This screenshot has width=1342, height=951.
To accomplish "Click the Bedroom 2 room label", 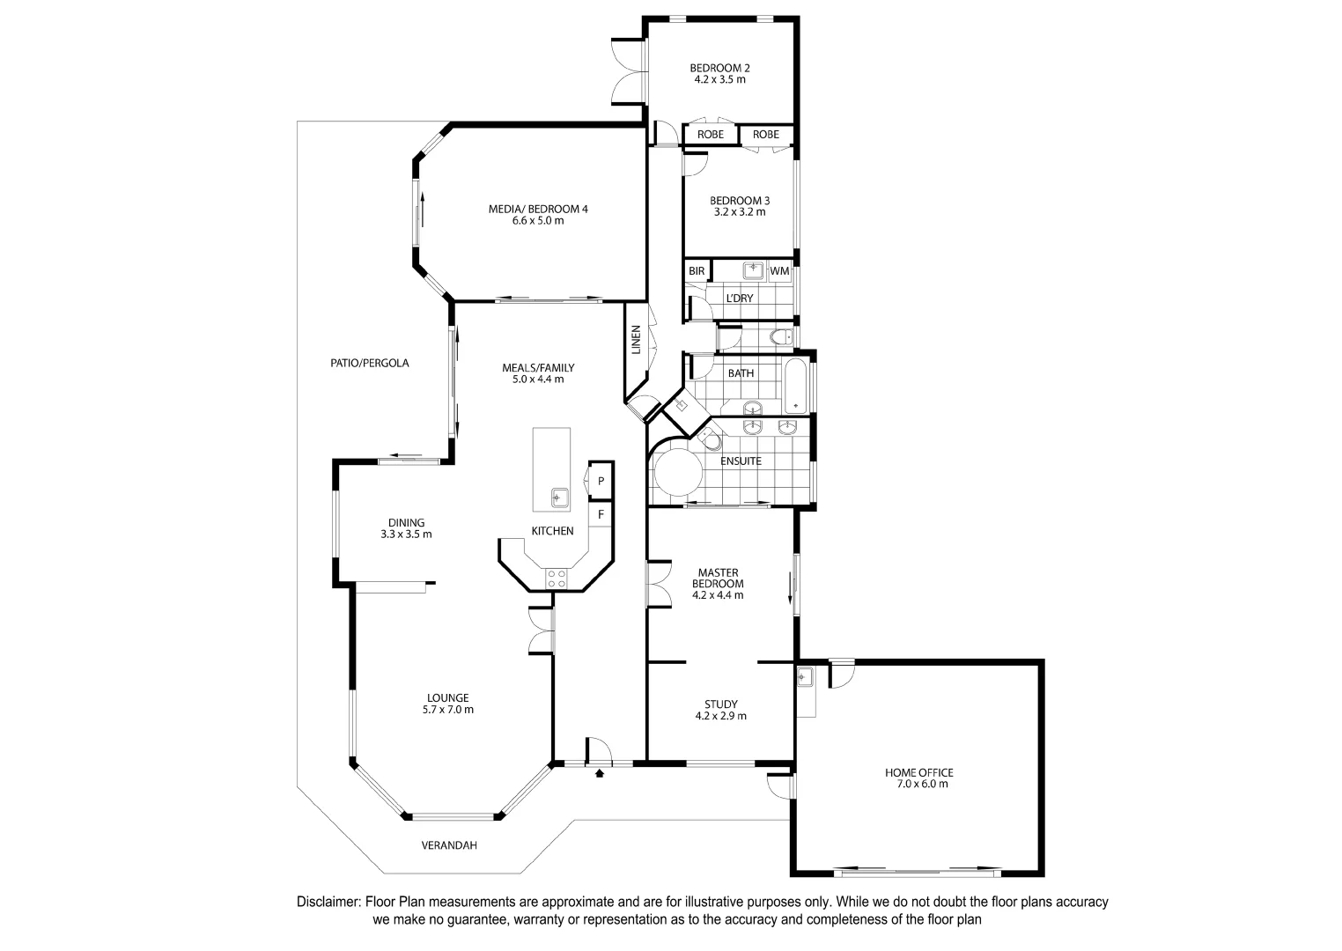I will (x=719, y=68).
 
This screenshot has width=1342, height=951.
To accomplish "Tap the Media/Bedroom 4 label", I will (x=537, y=209).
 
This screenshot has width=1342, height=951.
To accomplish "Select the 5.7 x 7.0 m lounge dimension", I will (x=449, y=710).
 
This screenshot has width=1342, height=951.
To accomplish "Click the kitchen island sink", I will (x=558, y=498).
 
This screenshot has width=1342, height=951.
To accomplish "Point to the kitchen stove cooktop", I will (x=557, y=579).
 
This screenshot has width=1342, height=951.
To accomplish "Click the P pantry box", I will (x=601, y=481).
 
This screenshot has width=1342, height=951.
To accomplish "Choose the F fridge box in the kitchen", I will (x=601, y=513).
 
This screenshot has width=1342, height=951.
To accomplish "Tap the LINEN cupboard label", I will (x=636, y=341).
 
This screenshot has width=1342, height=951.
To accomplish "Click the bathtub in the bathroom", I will (x=796, y=386).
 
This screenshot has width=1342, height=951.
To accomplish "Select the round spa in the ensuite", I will (x=677, y=473).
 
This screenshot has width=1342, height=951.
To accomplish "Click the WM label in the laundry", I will (x=779, y=271).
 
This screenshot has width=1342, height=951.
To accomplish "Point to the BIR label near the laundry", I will (x=697, y=271).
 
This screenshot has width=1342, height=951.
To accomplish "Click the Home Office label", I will (x=918, y=772).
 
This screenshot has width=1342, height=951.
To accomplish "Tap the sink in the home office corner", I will (x=804, y=677).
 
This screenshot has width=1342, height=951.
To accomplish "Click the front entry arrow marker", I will (x=600, y=774).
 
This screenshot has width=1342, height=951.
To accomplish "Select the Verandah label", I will (x=449, y=845).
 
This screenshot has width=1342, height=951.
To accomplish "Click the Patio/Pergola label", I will (x=369, y=363).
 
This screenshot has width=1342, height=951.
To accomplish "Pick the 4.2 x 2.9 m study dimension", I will (x=720, y=716).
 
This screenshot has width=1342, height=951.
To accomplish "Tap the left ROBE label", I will (x=711, y=135).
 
